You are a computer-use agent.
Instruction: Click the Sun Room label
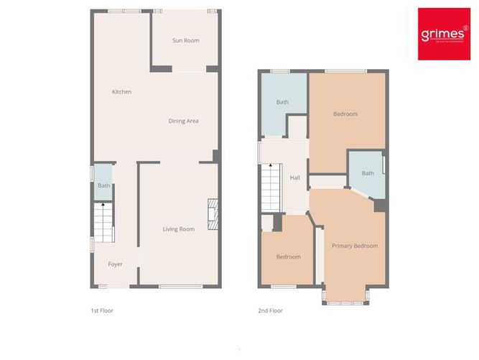click(x=185, y=40)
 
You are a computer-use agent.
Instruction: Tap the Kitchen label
click(x=121, y=91)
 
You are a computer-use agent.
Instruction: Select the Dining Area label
click(x=183, y=121)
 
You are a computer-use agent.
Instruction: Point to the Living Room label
click(x=178, y=229)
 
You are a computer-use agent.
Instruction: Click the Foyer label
click(x=116, y=264)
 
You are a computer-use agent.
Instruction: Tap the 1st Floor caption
click(x=101, y=311)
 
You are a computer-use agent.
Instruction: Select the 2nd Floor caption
click(x=270, y=311)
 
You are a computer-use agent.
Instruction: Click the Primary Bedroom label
click(x=355, y=246)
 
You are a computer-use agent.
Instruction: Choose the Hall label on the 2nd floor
click(x=294, y=178)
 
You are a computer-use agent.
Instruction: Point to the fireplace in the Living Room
click(x=212, y=214)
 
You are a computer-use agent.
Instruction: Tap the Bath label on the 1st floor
click(x=104, y=185)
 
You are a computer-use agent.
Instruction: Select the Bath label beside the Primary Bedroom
click(x=368, y=173)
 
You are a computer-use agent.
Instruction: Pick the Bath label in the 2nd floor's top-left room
click(x=283, y=102)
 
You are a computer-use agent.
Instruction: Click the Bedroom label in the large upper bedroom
click(x=345, y=114)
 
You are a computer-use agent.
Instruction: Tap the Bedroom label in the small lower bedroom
click(x=289, y=257)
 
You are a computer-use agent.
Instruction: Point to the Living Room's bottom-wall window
click(x=179, y=287)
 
